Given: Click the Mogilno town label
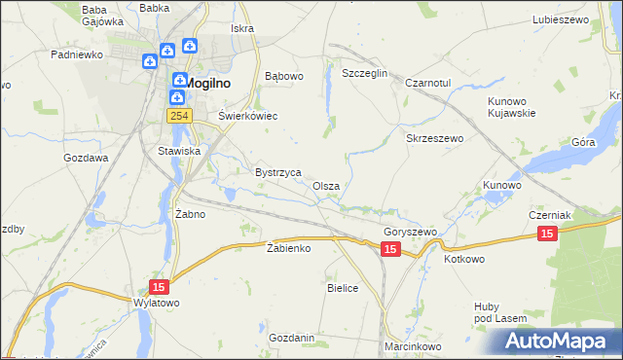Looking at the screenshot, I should (x=208, y=83).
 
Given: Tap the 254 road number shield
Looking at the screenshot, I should (x=177, y=116).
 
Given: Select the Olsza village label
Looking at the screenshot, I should (x=326, y=186).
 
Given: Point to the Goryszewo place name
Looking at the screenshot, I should (x=410, y=233).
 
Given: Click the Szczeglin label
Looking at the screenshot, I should (x=365, y=73).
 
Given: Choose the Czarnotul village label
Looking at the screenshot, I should (x=428, y=84).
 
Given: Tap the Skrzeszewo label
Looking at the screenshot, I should (x=434, y=139).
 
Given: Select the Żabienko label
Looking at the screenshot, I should (x=288, y=248).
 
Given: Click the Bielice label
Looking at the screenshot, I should (x=343, y=288).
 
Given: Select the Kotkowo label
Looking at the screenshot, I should (x=464, y=260).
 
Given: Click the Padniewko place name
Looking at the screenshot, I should (x=77, y=55).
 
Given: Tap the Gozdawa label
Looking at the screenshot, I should (x=86, y=157).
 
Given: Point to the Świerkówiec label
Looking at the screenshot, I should (x=247, y=116).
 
